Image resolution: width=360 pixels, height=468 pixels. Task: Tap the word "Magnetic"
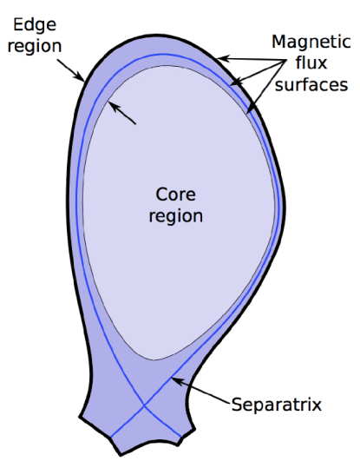tap(311, 42)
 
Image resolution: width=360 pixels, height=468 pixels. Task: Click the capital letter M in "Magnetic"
tap(278, 42)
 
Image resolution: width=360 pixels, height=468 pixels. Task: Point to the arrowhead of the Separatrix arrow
tap(173, 379)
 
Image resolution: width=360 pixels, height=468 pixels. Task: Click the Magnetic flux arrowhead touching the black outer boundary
tap(219, 57)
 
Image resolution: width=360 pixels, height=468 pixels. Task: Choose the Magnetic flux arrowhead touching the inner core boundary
tap(248, 112)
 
